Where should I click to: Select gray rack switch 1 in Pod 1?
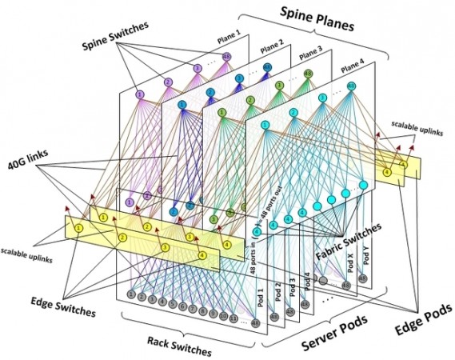tap(130, 295)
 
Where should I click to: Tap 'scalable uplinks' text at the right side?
tap(409, 129)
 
